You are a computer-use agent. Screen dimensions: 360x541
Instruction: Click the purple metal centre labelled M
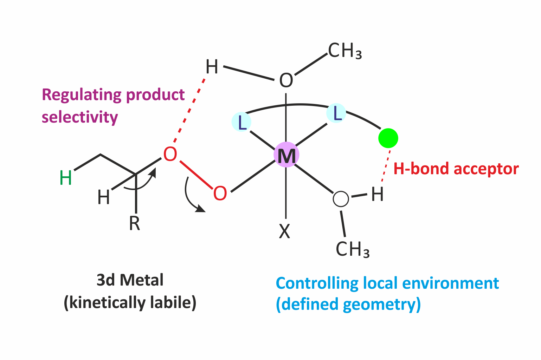coord(286,155)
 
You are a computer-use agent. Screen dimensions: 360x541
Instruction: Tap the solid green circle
coord(388,138)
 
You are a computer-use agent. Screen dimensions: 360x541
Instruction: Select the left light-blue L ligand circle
coord(242,122)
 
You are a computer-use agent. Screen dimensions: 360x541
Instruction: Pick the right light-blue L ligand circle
coord(336,113)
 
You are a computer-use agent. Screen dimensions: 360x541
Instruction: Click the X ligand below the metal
coord(285,231)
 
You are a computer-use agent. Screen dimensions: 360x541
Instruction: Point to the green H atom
coord(66,178)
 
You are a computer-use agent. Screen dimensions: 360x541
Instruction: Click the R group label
coord(134,223)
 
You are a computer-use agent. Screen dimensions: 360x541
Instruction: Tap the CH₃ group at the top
coord(345,51)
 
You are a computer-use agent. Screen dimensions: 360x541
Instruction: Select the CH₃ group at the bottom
coord(353,249)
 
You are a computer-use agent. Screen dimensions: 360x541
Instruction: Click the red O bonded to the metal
coord(220,194)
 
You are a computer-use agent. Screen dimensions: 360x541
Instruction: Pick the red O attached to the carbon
coord(170,154)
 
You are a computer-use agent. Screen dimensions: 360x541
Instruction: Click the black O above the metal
coord(286,81)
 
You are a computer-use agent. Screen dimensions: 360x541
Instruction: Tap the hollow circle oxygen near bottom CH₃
coord(341,199)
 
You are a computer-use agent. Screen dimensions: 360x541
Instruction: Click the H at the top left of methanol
coord(212,67)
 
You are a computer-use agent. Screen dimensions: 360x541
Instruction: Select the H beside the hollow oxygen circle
coord(377,194)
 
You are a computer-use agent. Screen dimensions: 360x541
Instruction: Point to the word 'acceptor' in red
coord(486,169)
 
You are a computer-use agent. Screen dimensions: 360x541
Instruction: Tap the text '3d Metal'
coord(130,280)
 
